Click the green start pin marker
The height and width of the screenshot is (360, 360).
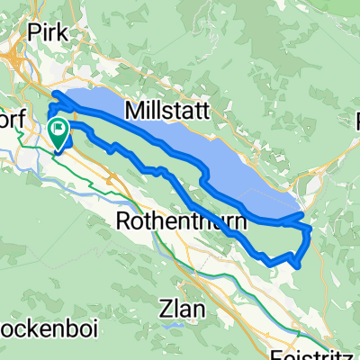(x=58, y=135)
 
